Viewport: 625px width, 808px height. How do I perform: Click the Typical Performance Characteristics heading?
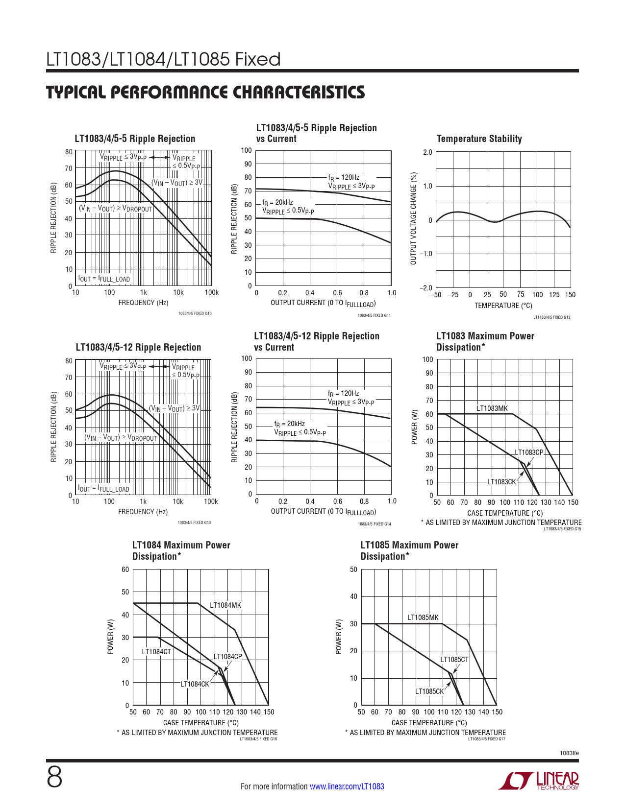point(205,92)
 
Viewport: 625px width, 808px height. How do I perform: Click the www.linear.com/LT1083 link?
point(347,786)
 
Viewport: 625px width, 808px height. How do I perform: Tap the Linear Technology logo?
point(539,781)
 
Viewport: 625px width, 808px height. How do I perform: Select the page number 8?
point(54,778)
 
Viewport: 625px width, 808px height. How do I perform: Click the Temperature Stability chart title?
point(479,139)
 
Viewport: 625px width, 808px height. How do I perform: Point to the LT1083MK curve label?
point(492,408)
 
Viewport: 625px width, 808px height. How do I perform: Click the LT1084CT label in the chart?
point(156,651)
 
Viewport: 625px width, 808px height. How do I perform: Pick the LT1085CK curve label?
point(429,691)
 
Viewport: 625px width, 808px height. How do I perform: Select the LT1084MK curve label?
point(225,605)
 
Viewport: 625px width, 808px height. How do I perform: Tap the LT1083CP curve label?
point(529,452)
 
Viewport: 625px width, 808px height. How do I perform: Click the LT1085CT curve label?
point(454,659)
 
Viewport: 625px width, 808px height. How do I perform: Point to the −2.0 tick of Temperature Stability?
point(426,287)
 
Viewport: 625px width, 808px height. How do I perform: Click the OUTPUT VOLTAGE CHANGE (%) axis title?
point(413,218)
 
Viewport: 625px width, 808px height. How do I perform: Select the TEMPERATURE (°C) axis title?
point(503,306)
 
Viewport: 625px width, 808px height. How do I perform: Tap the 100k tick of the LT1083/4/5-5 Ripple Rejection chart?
point(211,292)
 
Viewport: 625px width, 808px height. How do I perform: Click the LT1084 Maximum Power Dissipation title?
point(181,550)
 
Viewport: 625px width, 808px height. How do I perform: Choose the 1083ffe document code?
point(569,753)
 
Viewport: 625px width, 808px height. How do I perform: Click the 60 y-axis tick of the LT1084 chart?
point(125,569)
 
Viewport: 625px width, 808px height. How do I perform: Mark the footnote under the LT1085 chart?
point(425,732)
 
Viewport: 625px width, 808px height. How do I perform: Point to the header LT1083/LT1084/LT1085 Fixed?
point(163,59)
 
